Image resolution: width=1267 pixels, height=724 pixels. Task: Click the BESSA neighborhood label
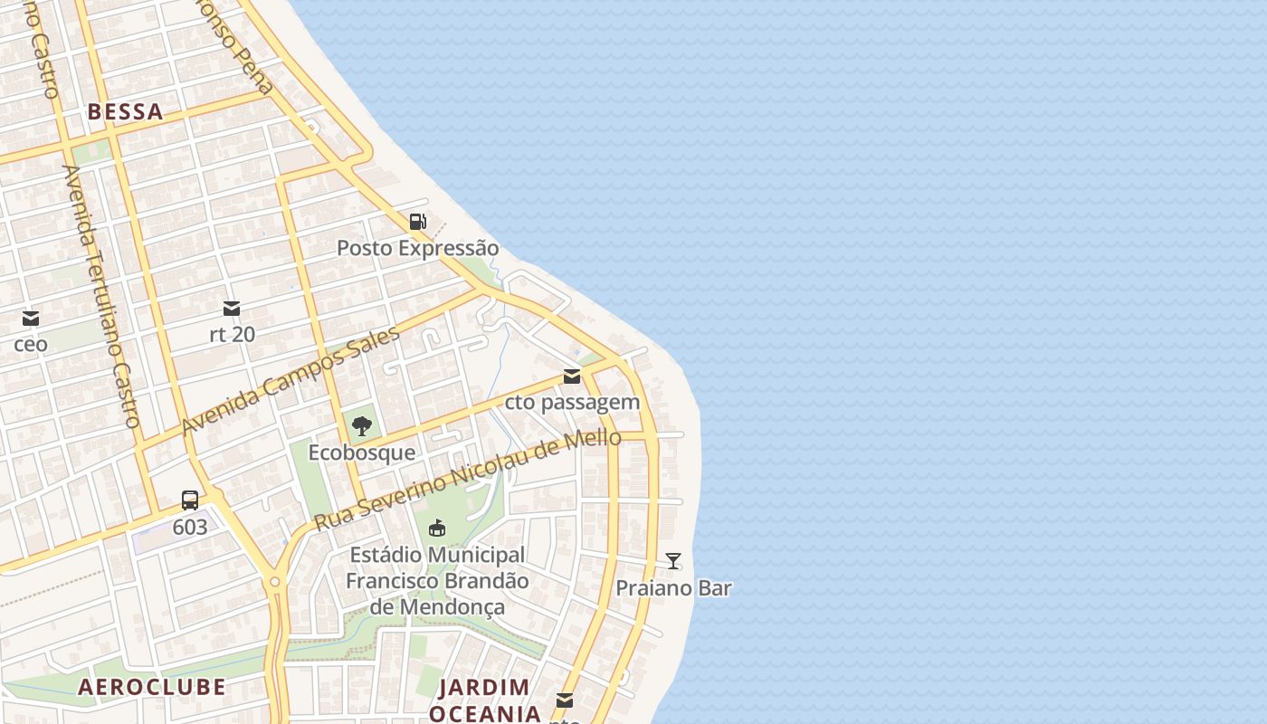tap(125, 112)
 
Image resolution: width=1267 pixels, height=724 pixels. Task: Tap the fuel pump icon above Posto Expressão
tap(417, 222)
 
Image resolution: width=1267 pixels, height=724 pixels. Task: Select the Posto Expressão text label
tap(417, 248)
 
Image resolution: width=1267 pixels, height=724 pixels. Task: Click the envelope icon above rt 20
tap(232, 309)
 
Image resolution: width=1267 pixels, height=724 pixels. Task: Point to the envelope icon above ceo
tap(31, 319)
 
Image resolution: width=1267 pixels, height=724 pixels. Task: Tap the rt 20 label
tap(232, 335)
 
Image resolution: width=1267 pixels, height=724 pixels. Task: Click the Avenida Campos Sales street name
tap(291, 381)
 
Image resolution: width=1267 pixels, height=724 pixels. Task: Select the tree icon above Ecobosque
tap(362, 426)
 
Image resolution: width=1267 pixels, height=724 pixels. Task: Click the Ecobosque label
tap(362, 452)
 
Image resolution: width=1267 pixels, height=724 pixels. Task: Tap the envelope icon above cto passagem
tap(571, 376)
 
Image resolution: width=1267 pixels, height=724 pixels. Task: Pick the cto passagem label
tap(572, 402)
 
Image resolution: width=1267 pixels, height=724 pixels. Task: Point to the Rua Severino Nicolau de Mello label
tap(467, 480)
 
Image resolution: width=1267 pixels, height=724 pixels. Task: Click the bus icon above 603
tap(190, 500)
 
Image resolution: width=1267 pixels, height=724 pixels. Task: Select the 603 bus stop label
tap(190, 527)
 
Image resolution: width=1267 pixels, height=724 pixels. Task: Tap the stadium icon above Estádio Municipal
tap(437, 528)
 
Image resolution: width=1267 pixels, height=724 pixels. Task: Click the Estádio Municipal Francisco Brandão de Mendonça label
tap(437, 580)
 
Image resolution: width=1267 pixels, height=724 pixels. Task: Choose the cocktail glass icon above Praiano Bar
tap(673, 561)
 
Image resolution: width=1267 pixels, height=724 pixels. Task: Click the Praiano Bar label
tap(673, 588)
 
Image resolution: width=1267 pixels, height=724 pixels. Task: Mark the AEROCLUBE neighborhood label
tap(152, 687)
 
